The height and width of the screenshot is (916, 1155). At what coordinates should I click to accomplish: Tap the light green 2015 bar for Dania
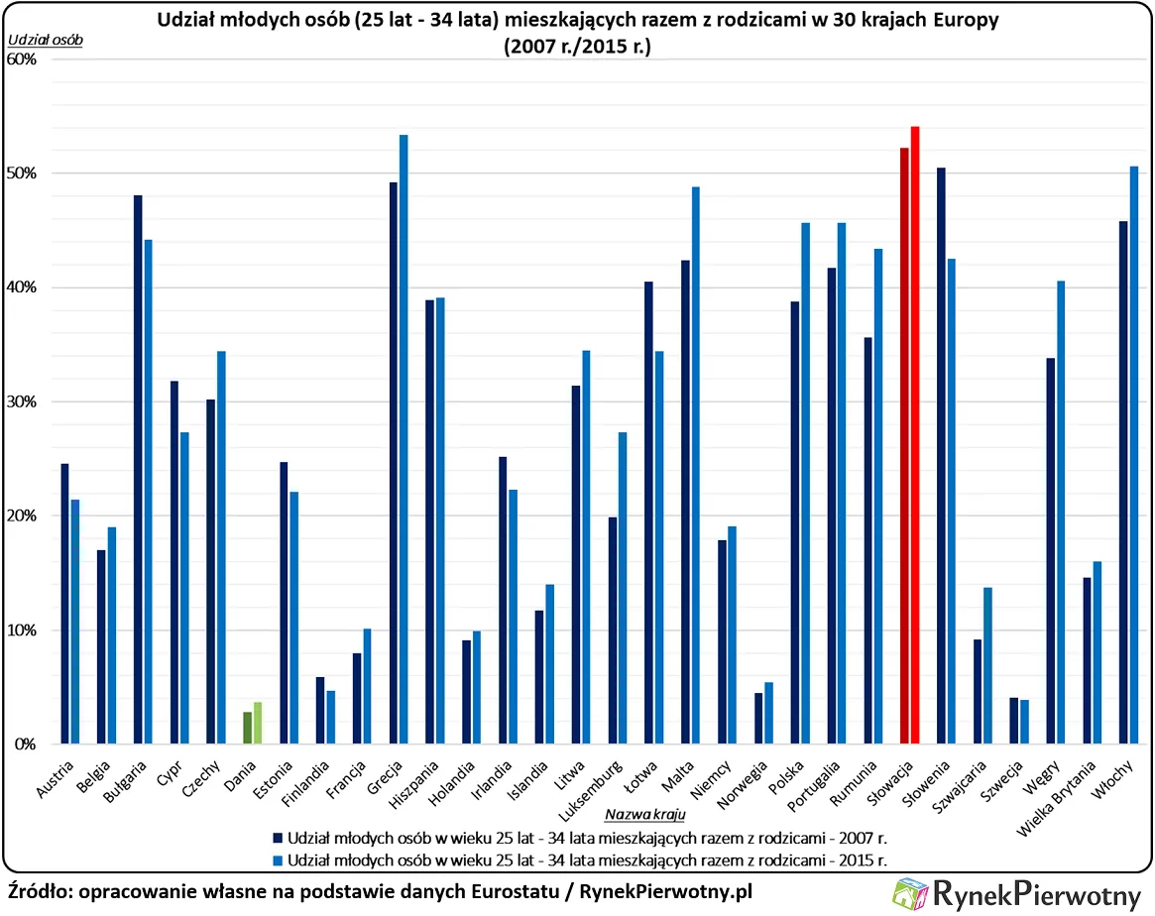pyautogui.click(x=258, y=723)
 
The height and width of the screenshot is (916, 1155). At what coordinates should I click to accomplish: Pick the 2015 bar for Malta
pyautogui.click(x=696, y=465)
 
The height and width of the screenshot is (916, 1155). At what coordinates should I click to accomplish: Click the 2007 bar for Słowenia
pyautogui.click(x=941, y=456)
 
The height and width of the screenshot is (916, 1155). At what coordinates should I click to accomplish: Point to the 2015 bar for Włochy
pyautogui.click(x=1134, y=455)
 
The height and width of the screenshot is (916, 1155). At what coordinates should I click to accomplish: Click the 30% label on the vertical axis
pyautogui.click(x=21, y=401)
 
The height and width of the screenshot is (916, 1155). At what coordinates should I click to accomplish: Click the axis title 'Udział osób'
pyautogui.click(x=46, y=40)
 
